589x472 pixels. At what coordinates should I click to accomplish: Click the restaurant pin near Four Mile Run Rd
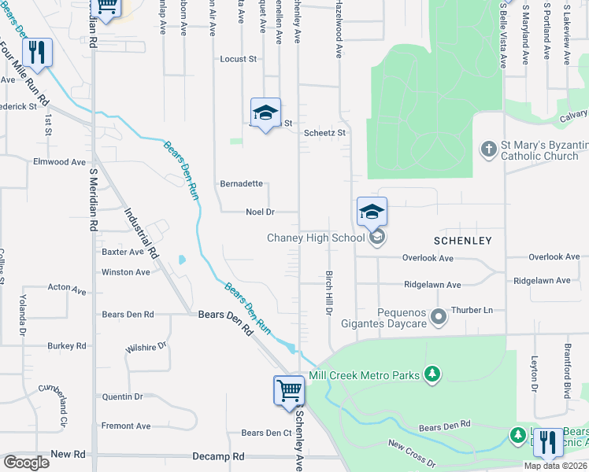37,53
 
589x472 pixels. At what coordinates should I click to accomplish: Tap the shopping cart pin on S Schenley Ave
289,391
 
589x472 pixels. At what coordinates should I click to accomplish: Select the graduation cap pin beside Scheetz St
265,113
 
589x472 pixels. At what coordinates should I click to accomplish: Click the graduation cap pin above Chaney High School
372,212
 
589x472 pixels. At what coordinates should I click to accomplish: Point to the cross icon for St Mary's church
488,149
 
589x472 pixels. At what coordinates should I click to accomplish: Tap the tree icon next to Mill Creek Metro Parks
432,375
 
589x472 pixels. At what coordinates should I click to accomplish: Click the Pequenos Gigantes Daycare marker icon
439,317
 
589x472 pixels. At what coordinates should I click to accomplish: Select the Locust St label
239,59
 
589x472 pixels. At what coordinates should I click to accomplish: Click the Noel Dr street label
260,212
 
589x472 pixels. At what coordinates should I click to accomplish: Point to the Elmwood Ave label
59,162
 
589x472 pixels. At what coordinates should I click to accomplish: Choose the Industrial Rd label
143,234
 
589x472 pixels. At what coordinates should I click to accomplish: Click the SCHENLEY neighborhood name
462,241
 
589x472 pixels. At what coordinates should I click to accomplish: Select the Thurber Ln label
472,310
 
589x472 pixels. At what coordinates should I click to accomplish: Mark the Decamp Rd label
218,456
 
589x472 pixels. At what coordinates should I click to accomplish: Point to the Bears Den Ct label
266,433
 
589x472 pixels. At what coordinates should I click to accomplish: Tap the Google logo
27,463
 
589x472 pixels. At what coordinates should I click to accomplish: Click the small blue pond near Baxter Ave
182,260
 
